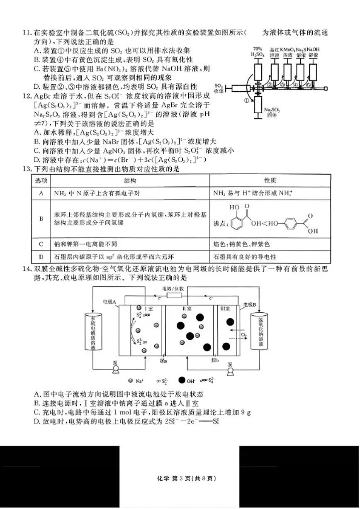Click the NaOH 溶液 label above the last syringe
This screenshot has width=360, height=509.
click(314, 51)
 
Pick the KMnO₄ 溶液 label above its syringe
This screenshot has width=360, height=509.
click(287, 51)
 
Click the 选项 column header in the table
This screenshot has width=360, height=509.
click(41, 180)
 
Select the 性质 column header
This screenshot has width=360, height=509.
click(270, 180)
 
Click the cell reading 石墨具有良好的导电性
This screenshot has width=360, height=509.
click(245, 257)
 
